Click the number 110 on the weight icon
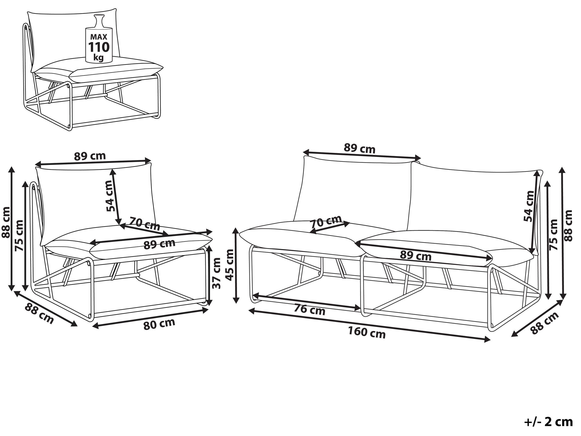click(x=99, y=47)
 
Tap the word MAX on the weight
click(x=99, y=37)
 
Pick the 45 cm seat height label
click(x=229, y=265)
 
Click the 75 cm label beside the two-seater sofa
click(x=553, y=235)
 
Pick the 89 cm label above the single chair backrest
click(x=90, y=156)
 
